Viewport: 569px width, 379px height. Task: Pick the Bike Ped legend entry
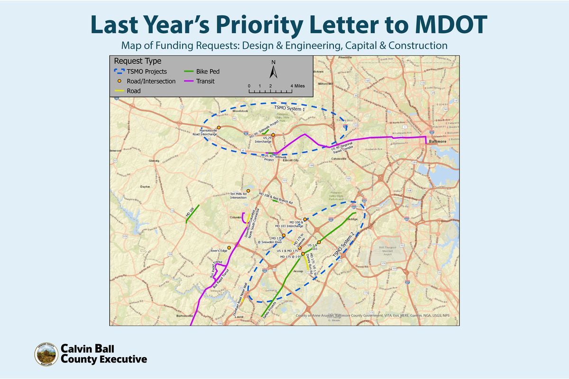[202, 72]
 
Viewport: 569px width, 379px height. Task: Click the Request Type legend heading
[138, 61]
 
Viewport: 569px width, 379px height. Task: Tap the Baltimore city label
[435, 141]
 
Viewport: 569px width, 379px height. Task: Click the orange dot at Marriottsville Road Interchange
[219, 127]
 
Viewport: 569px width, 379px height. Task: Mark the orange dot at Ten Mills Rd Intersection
[248, 190]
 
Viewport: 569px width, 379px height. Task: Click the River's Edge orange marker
[229, 248]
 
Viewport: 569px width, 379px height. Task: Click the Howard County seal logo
[46, 354]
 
